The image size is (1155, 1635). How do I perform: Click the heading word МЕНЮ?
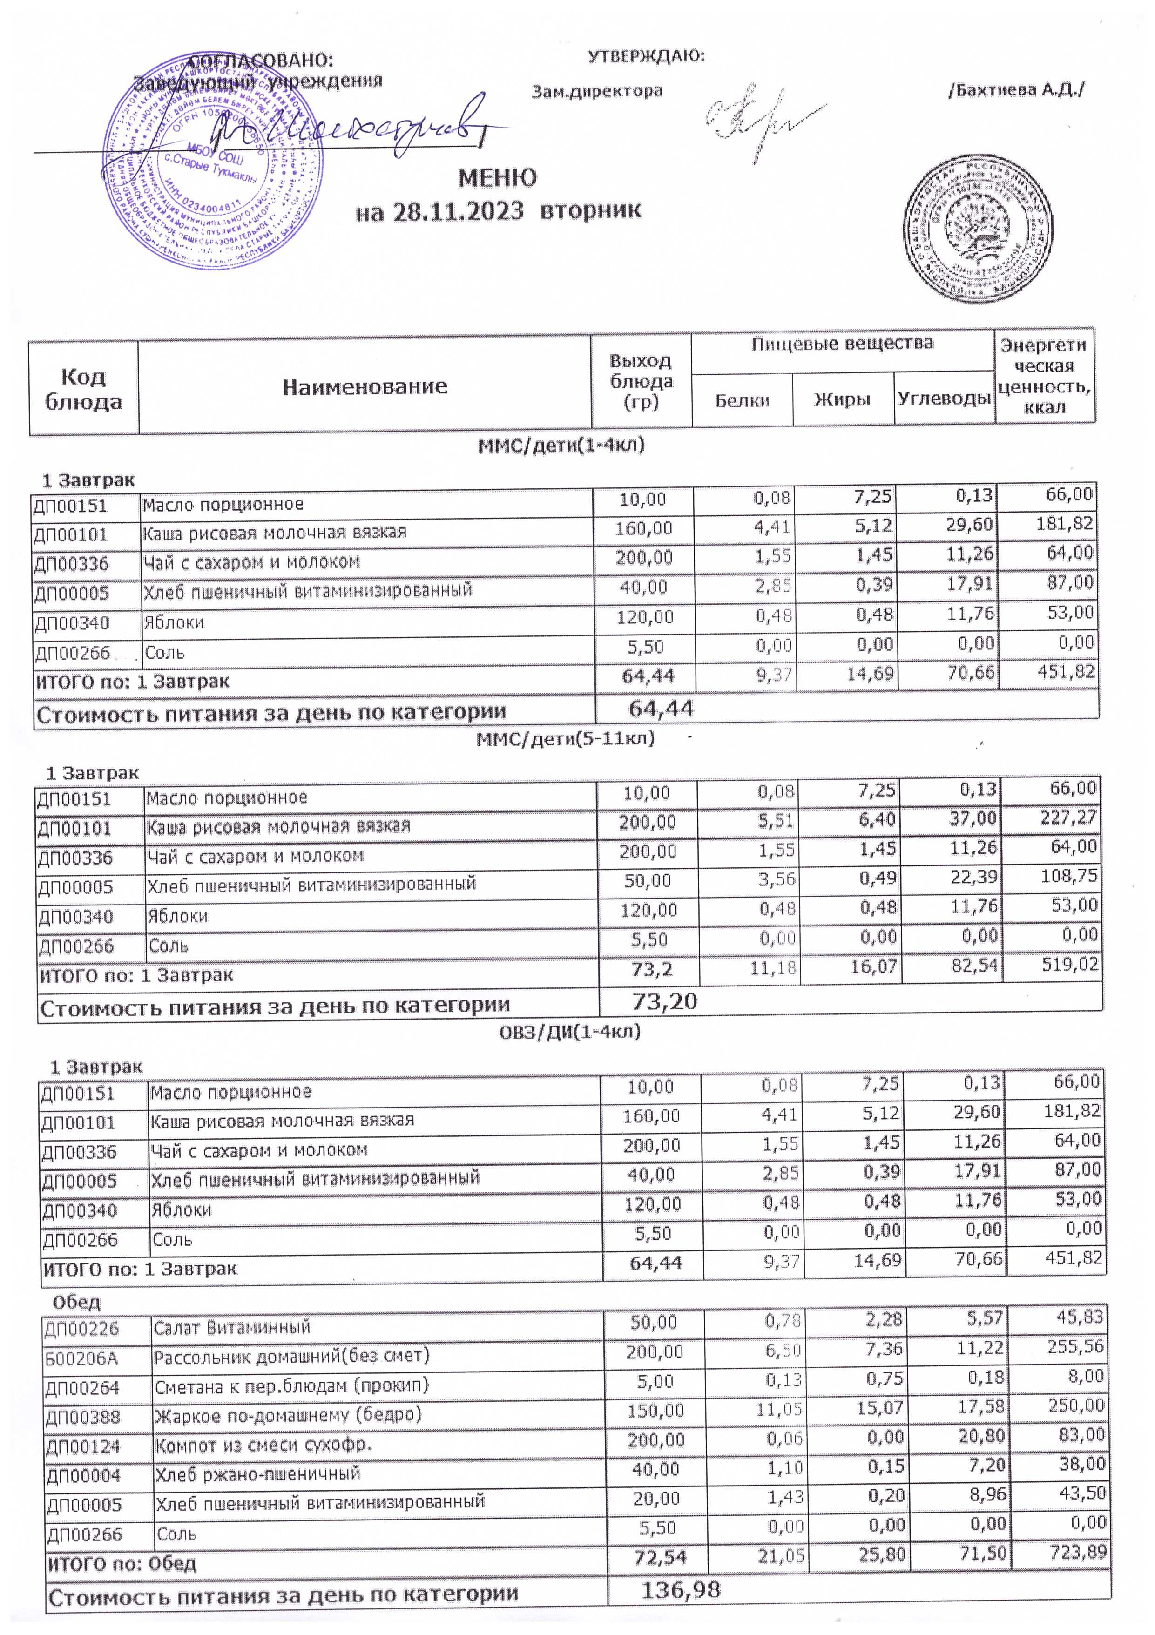[497, 178]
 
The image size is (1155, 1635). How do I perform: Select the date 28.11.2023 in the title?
[458, 211]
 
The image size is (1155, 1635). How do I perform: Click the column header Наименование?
[365, 387]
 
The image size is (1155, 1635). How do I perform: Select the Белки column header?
[742, 401]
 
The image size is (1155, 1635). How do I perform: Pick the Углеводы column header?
[944, 399]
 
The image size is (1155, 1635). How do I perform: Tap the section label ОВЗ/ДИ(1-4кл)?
[569, 1032]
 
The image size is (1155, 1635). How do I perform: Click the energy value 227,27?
[1068, 817]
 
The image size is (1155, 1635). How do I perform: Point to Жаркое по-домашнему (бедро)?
[288, 1415]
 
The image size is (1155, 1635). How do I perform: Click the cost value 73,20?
[664, 1002]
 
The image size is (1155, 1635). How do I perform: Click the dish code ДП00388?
[82, 1417]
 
